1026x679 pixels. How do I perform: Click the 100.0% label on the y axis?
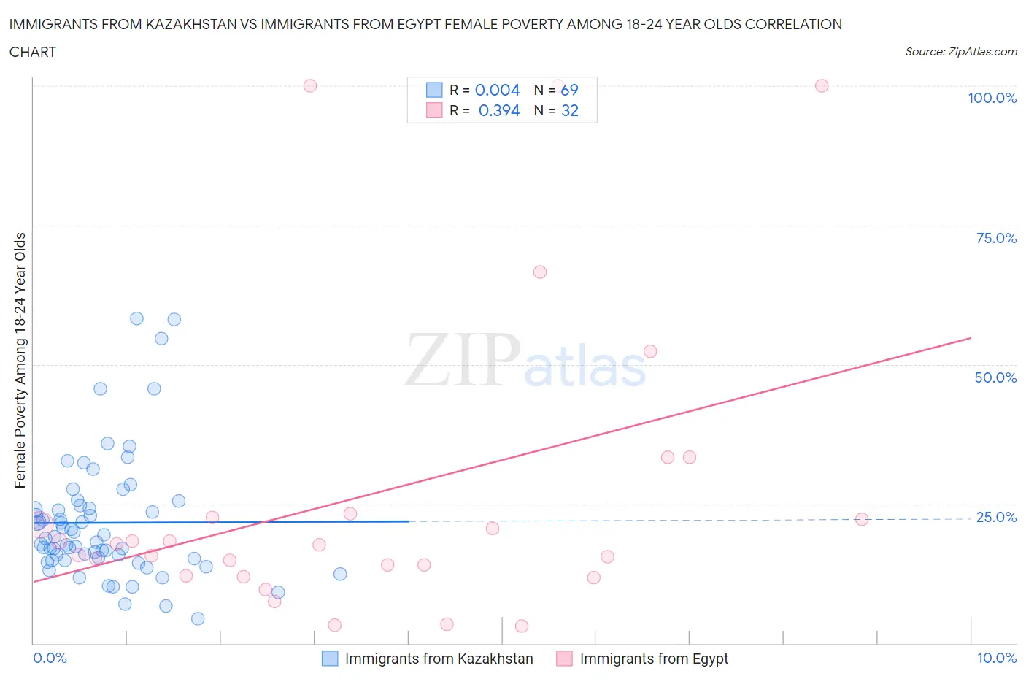(x=992, y=98)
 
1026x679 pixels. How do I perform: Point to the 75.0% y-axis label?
(x=996, y=238)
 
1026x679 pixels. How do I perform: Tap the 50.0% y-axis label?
(x=995, y=377)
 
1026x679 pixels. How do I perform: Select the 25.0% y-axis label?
(x=996, y=517)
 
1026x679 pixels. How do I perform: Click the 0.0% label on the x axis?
(x=50, y=658)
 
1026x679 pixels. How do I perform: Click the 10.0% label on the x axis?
(x=997, y=658)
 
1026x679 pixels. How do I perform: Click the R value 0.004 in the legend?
(x=497, y=90)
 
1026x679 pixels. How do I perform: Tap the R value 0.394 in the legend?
(x=499, y=110)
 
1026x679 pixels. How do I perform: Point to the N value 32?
(x=569, y=110)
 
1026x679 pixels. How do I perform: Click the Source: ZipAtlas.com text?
(x=960, y=52)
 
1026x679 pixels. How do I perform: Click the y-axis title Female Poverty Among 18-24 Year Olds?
(x=20, y=360)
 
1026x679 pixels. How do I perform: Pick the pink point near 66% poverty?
(x=540, y=272)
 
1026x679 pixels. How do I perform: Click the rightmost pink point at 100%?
(x=822, y=85)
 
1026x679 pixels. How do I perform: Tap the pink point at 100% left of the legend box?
(x=310, y=85)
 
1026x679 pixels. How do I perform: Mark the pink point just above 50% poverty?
(x=650, y=351)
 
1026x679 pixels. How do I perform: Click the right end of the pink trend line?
(x=971, y=338)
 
